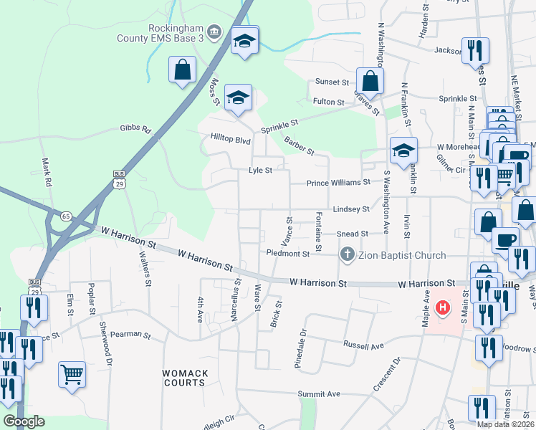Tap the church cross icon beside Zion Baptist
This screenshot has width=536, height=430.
(348, 254)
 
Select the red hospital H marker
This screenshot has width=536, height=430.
(443, 308)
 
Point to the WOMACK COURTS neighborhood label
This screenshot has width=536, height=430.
(184, 378)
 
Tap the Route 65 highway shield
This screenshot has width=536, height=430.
(65, 215)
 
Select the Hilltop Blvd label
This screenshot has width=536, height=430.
(229, 137)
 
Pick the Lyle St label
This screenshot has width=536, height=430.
(260, 171)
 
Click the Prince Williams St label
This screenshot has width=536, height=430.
(338, 183)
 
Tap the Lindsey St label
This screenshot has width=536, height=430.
(351, 209)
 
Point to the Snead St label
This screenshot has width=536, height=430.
(352, 234)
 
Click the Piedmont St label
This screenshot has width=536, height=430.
(287, 253)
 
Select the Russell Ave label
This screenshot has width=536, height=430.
(363, 346)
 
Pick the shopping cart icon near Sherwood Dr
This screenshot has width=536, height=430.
(72, 373)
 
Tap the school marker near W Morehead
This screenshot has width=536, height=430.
(403, 150)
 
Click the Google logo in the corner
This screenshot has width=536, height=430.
(24, 421)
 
